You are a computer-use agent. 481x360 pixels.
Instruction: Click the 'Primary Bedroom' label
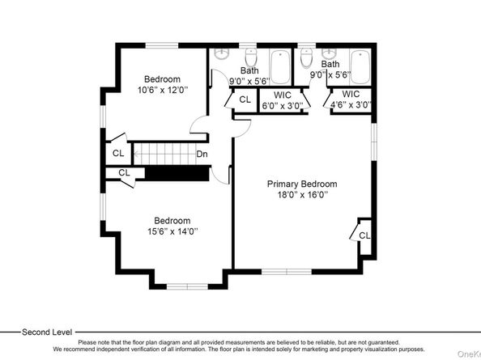coord(302,184)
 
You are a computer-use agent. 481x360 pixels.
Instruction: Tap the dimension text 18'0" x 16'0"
coord(302,195)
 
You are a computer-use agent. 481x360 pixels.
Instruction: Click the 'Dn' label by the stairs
coord(202,153)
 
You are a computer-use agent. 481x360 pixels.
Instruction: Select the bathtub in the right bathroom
coord(360,67)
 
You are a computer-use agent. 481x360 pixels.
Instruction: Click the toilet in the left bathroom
coord(251,59)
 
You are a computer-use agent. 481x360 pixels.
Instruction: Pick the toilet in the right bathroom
coord(306,59)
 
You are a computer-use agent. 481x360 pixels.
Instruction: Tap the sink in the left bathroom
coord(223,55)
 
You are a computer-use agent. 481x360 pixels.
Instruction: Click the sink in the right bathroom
coord(334,55)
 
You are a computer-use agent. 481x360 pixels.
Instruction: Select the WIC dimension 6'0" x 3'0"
coord(281,104)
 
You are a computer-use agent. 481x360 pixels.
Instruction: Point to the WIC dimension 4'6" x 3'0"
coord(351,104)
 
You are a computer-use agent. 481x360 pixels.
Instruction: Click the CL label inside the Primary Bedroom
coord(364,235)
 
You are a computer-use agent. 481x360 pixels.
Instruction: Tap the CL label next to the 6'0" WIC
coord(245,100)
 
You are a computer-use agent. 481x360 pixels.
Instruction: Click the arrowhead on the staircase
coord(136,152)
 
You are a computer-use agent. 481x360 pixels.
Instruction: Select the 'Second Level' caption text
coord(46,332)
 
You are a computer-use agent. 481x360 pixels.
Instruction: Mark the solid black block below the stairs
coord(177,174)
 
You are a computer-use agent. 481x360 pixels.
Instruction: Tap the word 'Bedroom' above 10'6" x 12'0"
coord(162,78)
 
